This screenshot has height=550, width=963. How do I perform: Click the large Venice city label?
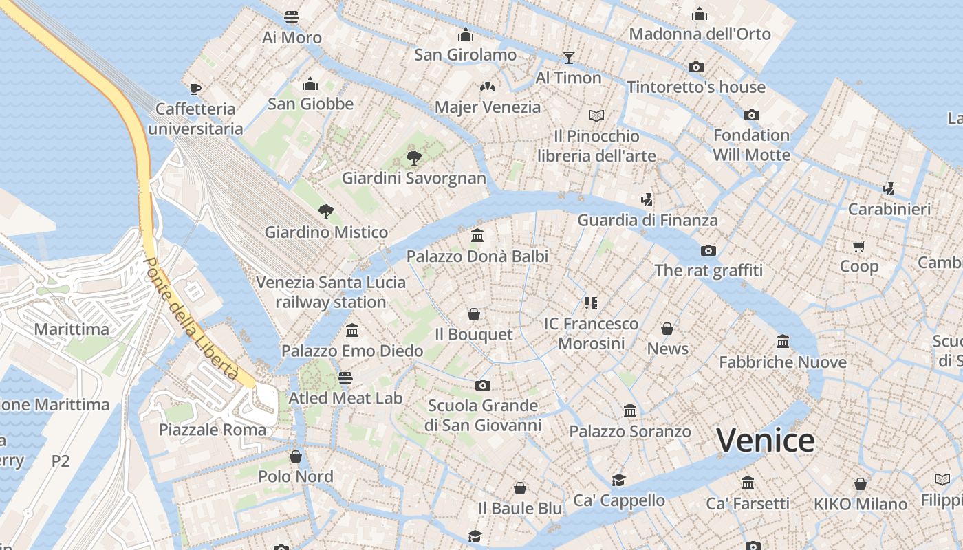[766, 441]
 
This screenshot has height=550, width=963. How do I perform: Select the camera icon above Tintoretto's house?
[696, 67]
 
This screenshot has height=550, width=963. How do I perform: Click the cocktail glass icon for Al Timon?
[568, 57]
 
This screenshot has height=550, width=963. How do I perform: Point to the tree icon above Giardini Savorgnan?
[413, 157]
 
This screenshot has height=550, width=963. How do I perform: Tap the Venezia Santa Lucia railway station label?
[331, 292]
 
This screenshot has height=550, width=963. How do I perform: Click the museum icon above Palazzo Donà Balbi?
[477, 236]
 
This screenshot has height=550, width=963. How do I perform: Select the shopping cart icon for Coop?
[858, 245]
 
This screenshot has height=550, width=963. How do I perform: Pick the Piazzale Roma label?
[213, 430]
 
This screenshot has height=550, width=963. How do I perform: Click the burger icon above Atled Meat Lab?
[345, 377]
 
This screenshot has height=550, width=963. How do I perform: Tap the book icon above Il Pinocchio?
[596, 115]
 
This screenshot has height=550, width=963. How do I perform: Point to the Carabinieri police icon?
[889, 188]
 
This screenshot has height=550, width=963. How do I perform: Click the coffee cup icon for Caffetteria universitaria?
[195, 88]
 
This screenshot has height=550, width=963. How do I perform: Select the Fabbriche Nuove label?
[783, 362]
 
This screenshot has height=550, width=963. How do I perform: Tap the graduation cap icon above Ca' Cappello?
[619, 480]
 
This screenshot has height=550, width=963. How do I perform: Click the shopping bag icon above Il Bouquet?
[473, 314]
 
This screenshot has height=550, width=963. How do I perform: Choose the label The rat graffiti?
[708, 270]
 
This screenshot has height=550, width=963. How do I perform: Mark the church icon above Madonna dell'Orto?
[700, 14]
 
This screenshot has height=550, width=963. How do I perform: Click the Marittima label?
[72, 329]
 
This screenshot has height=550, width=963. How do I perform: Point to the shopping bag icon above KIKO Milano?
[860, 484]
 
